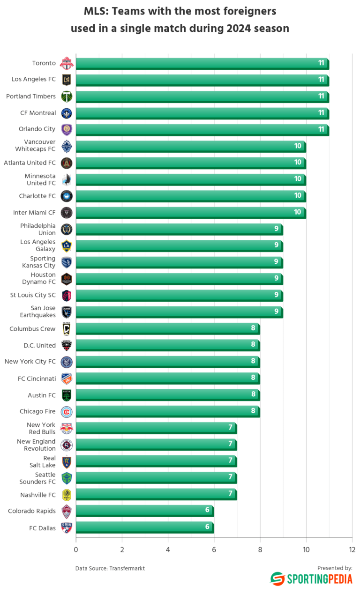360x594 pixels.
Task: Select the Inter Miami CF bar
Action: (190, 213)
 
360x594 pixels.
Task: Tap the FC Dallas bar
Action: (144, 527)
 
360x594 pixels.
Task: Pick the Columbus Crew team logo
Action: (67, 329)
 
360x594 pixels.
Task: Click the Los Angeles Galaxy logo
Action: (67, 246)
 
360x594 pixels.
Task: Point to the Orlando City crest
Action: (67, 129)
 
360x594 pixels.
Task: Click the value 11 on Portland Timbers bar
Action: (321, 96)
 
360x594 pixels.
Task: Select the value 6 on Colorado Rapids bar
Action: (207, 510)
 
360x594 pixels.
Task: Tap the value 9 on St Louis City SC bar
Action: (276, 295)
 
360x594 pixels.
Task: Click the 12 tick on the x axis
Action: (352, 549)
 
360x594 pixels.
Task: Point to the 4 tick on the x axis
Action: (168, 549)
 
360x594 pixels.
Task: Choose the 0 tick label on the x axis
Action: (76, 549)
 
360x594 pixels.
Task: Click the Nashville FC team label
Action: (38, 495)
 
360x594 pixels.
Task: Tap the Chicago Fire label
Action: (37, 411)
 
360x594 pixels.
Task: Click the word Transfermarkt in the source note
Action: (127, 568)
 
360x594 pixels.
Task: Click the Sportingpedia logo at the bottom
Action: (311, 579)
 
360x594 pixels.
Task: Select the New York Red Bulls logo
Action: (67, 428)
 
